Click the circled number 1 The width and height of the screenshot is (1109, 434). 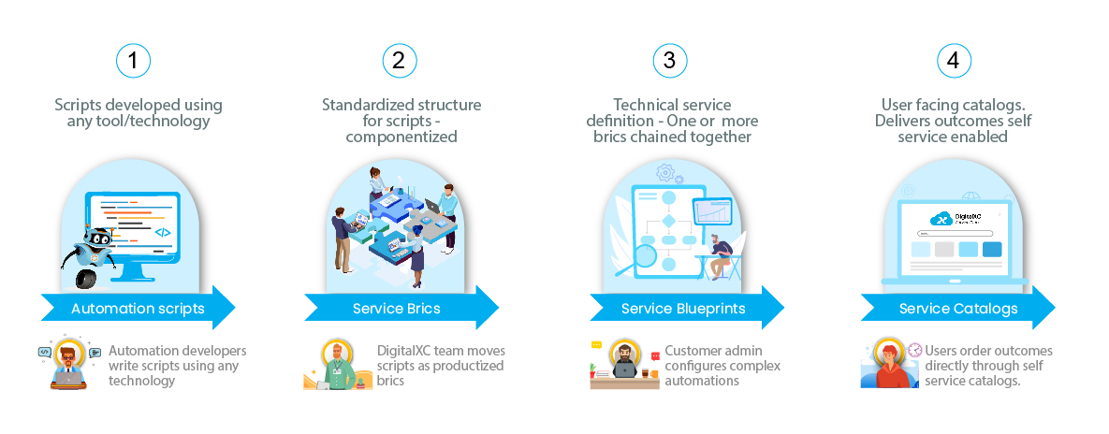(x=134, y=61)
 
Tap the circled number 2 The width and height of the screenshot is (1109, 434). (x=400, y=61)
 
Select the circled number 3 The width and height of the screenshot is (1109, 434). (x=668, y=61)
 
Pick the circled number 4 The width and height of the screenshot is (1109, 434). (x=954, y=61)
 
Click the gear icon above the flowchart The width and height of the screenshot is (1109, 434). (x=666, y=173)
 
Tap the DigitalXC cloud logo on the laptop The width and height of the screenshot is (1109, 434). (x=940, y=219)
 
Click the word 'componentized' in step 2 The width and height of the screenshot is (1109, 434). (x=401, y=137)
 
